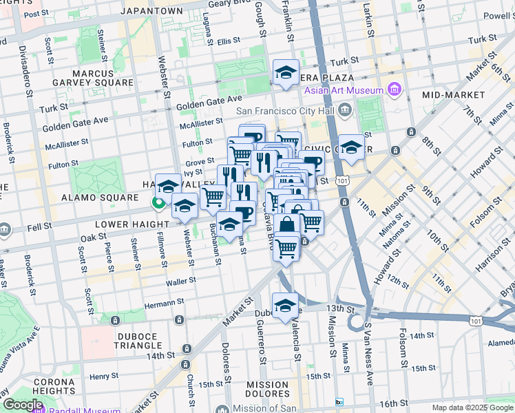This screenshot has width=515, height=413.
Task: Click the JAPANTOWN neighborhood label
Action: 151,11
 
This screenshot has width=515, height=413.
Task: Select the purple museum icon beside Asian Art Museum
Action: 394,89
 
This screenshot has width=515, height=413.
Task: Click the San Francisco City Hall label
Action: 293,110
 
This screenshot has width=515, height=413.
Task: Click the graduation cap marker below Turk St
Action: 285,72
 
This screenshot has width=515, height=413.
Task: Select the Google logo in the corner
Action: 22,405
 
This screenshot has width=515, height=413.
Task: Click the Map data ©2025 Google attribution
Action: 472,407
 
